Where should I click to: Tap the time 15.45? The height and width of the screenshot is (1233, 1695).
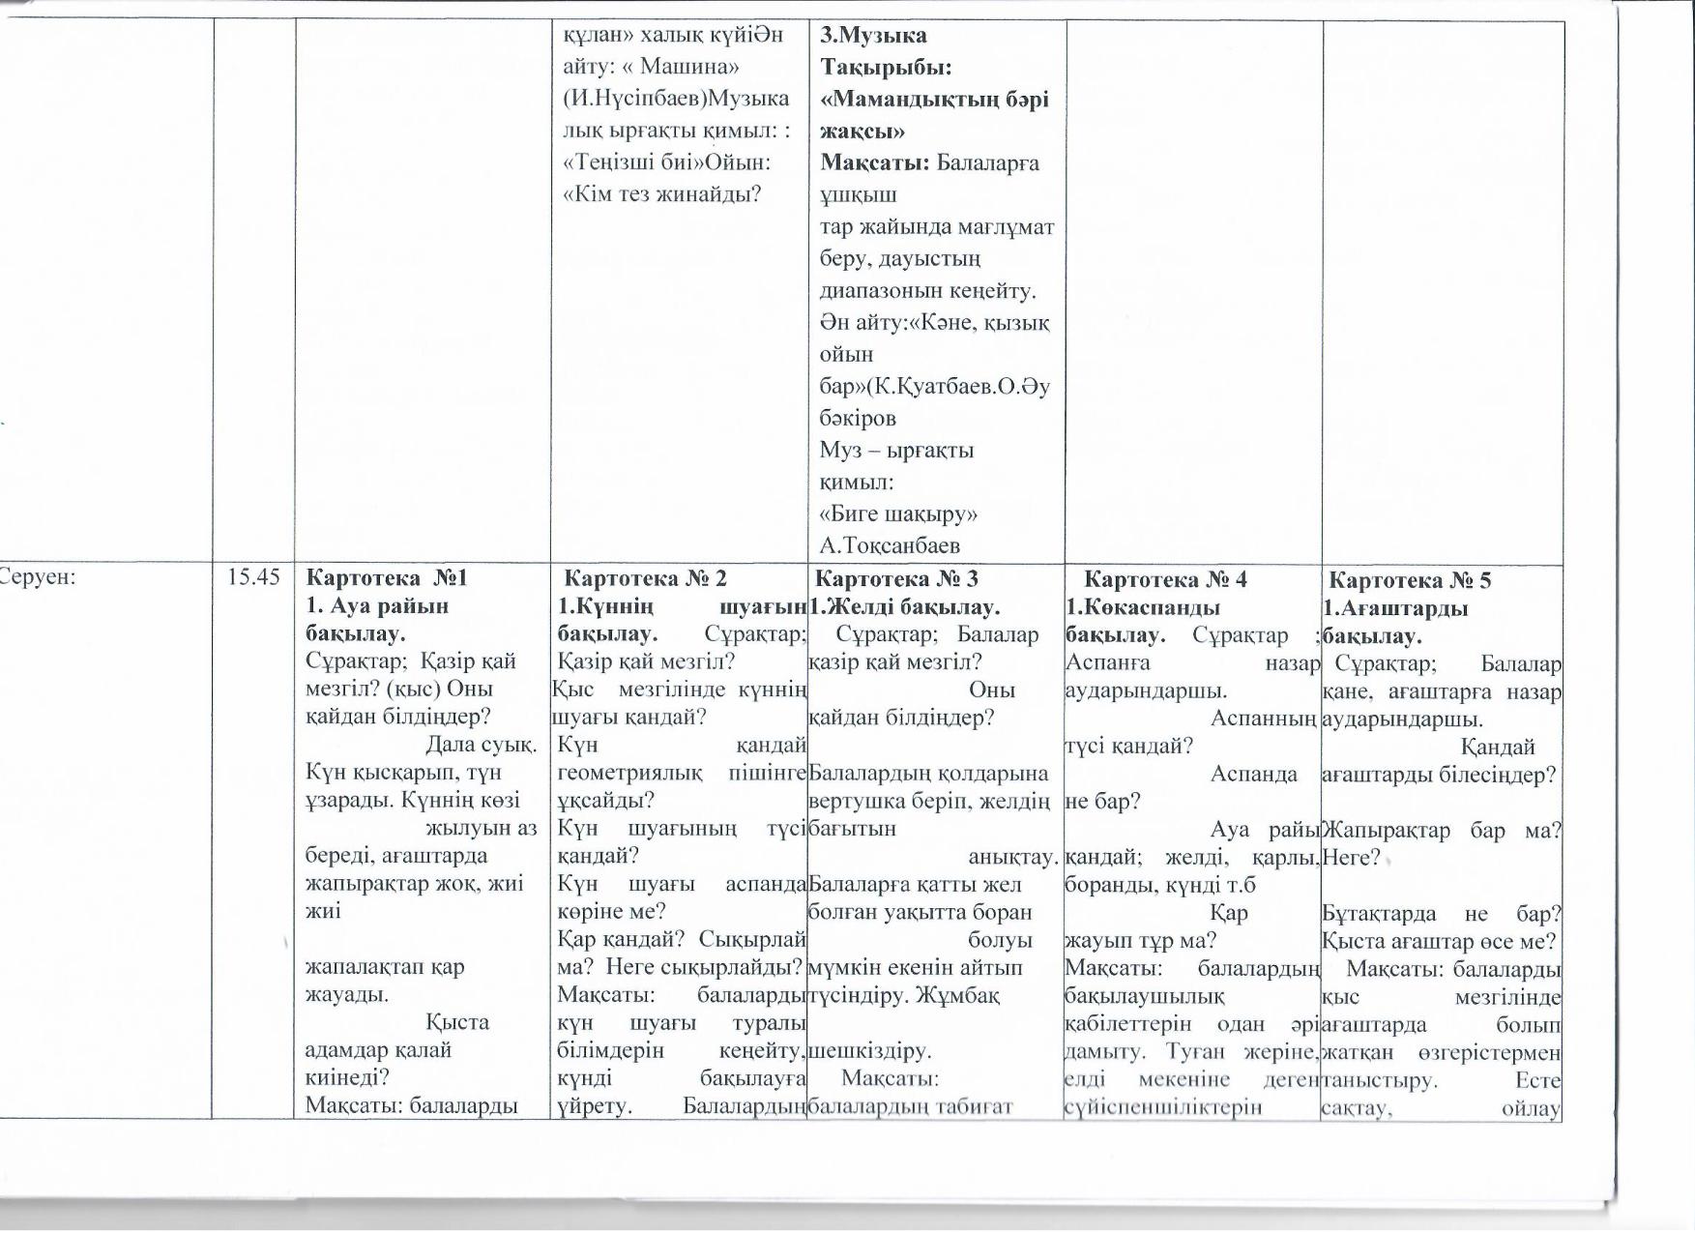pos(253,577)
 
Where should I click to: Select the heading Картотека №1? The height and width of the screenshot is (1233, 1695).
pos(386,578)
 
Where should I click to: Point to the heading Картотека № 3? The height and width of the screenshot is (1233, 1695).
pos(896,578)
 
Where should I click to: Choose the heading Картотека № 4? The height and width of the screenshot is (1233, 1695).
pos(1165,579)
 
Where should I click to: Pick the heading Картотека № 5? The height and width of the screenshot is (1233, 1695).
pos(1410,580)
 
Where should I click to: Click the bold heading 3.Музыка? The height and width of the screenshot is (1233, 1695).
pos(873,36)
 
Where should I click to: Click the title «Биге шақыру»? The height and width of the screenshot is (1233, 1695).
pos(898,514)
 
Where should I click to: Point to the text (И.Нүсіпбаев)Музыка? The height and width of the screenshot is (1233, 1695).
pos(676,99)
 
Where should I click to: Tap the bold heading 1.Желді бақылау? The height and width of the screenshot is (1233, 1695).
pos(904,607)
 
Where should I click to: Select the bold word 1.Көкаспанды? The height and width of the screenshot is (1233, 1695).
pos(1143,608)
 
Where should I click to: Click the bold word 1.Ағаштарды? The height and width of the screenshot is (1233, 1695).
pos(1395,609)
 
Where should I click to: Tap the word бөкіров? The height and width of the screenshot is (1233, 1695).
pos(858,419)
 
